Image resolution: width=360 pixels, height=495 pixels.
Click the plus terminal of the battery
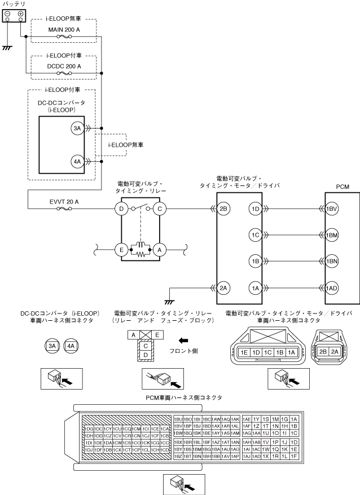pyautogui.click(x=21, y=14)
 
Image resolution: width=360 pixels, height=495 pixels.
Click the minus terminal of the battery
pyautogui.click(x=7, y=14)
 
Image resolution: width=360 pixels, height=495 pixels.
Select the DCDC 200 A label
pyautogui.click(x=64, y=65)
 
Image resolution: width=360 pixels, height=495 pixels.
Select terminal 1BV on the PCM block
pyautogui.click(x=332, y=209)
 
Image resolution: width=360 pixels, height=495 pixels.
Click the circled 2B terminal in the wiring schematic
pyautogui.click(x=223, y=209)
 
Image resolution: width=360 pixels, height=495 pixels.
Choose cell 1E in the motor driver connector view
pyautogui.click(x=244, y=352)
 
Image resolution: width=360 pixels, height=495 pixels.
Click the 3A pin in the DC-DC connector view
pyautogui.click(x=52, y=345)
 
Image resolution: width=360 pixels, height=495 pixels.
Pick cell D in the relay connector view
pyautogui.click(x=146, y=354)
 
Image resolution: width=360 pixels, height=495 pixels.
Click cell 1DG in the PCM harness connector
pyautogui.click(x=89, y=429)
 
